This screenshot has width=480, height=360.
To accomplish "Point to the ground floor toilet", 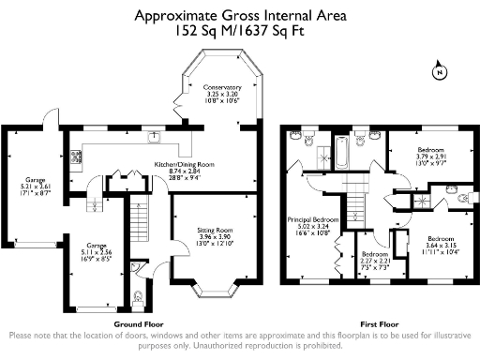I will [x=139, y=299].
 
